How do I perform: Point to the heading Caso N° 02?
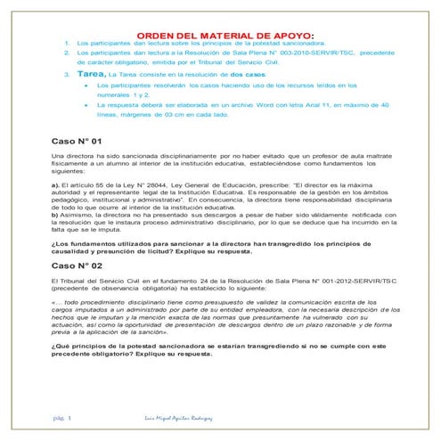79,265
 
